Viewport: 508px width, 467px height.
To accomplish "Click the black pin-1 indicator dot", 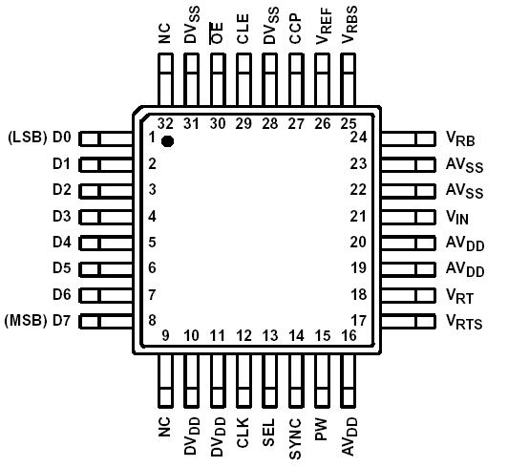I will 167,141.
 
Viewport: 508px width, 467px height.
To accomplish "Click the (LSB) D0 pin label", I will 39,138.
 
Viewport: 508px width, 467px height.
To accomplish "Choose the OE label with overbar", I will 217,33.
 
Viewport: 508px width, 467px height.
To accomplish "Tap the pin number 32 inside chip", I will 165,122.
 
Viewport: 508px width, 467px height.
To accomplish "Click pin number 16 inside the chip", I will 349,335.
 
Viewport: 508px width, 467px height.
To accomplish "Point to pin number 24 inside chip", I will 359,138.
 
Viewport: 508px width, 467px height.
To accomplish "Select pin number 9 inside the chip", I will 164,335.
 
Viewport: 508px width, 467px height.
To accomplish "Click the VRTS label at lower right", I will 462,321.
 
